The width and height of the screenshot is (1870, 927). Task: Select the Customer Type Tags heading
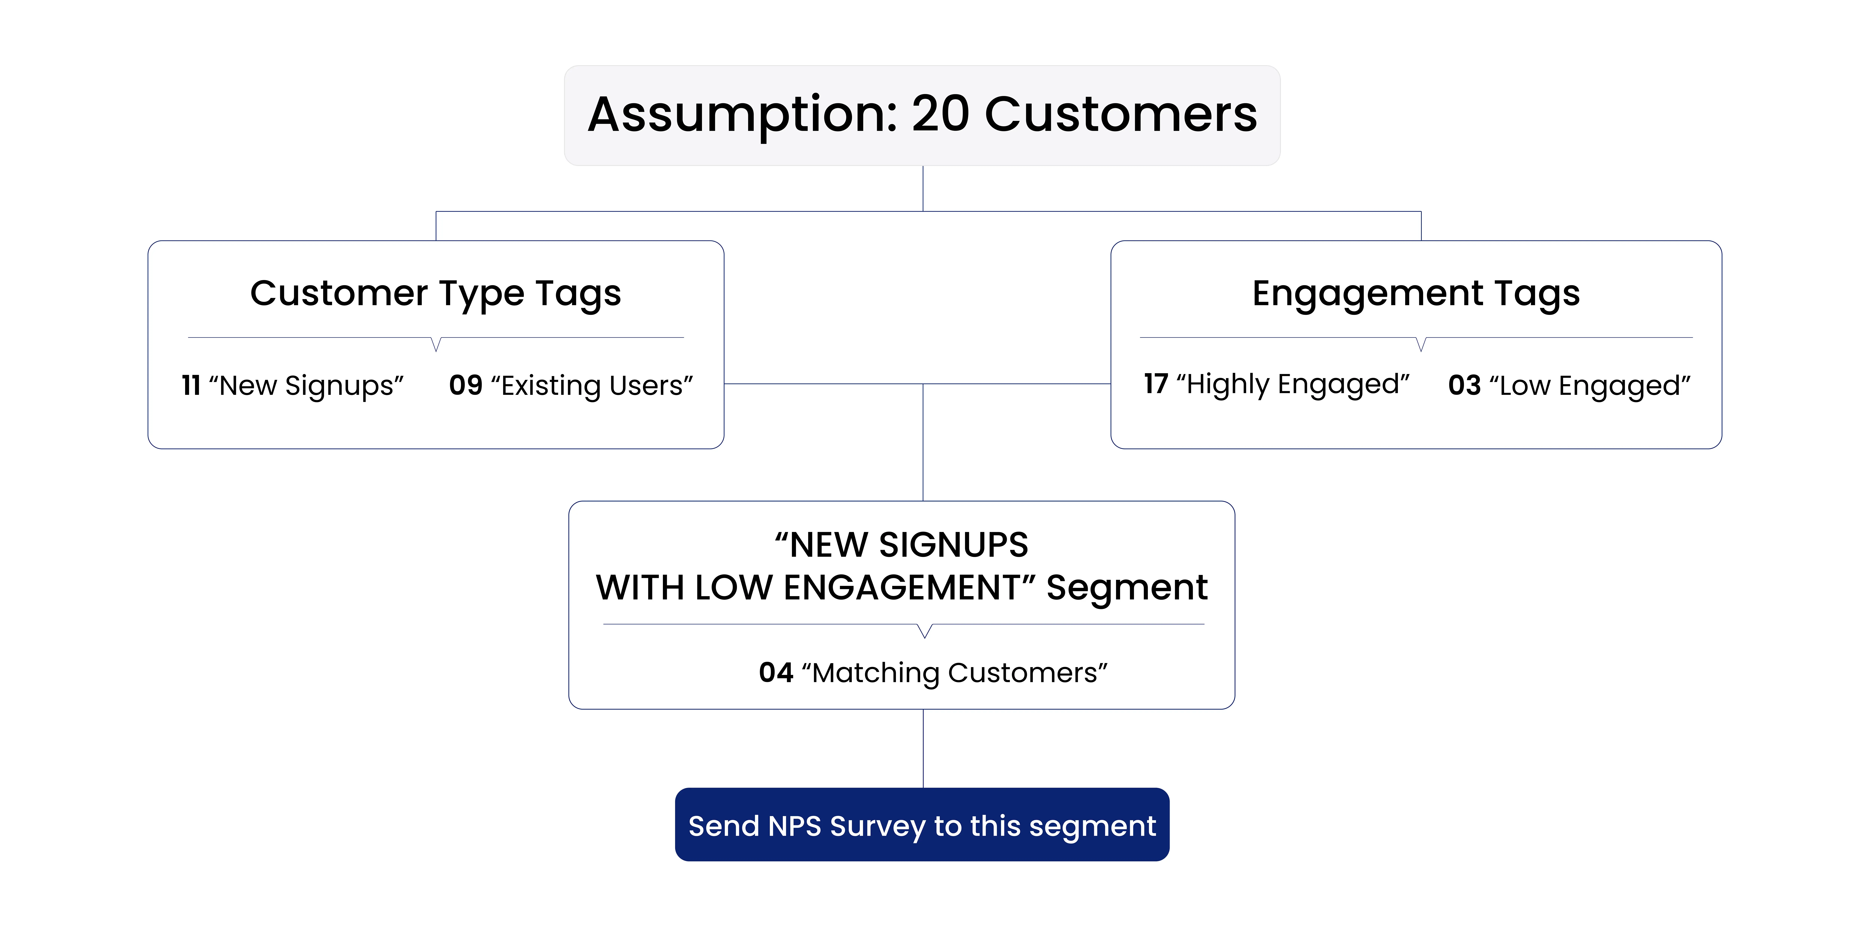(x=436, y=293)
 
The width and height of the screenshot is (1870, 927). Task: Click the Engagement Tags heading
(x=1416, y=293)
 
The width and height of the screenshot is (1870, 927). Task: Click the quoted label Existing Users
(x=592, y=386)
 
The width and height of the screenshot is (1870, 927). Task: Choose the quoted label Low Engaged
(x=1590, y=386)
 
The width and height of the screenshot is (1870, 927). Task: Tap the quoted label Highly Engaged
(x=1292, y=384)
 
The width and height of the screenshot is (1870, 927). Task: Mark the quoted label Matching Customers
(x=955, y=673)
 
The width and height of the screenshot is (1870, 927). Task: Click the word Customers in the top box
(x=1120, y=115)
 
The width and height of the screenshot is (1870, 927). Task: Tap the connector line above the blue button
(x=923, y=748)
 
